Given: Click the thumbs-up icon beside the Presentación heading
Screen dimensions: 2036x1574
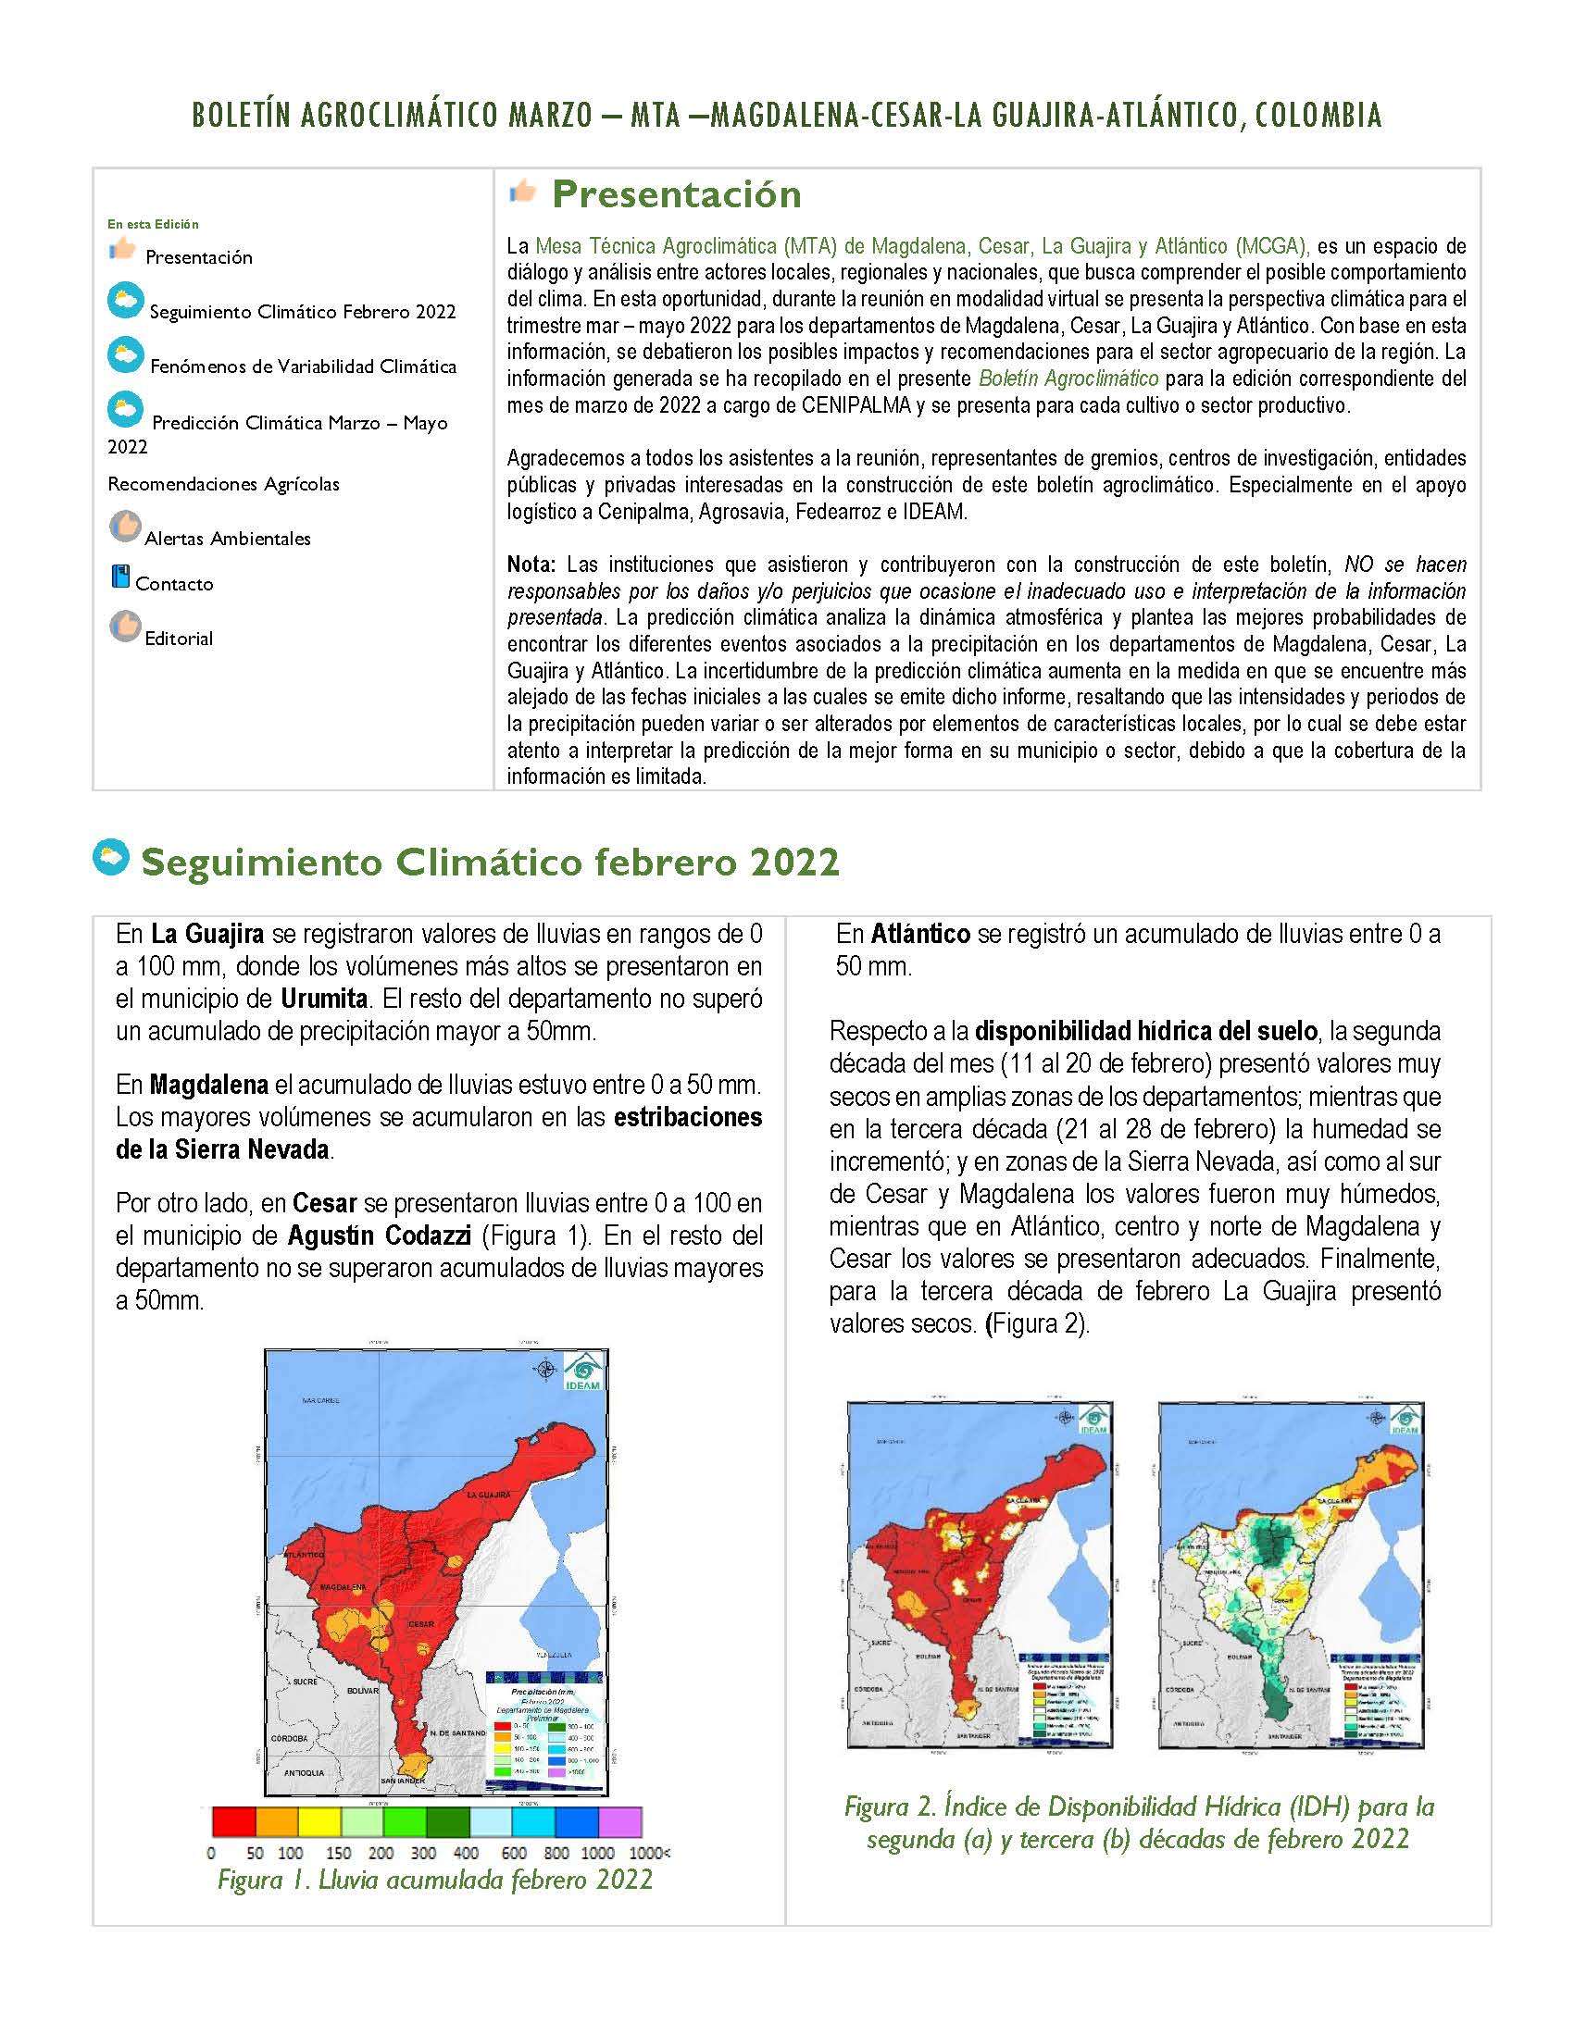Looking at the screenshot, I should pyautogui.click(x=523, y=192).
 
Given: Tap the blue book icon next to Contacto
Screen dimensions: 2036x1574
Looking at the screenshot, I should pyautogui.click(x=119, y=577).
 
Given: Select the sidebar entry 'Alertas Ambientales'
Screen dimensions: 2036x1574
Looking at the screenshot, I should pyautogui.click(x=228, y=538).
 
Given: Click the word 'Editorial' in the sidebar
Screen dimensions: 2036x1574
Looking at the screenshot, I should pyautogui.click(x=178, y=639).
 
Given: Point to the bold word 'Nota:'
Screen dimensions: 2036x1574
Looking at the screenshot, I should pyautogui.click(x=531, y=564).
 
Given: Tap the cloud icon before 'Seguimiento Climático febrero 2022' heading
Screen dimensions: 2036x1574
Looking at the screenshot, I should pyautogui.click(x=112, y=859).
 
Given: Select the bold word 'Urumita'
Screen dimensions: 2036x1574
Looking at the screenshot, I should pyautogui.click(x=323, y=999).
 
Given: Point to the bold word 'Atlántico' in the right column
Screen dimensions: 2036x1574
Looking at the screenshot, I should pyautogui.click(x=921, y=933).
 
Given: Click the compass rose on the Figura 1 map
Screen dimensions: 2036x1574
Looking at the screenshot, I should pyautogui.click(x=545, y=1369).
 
